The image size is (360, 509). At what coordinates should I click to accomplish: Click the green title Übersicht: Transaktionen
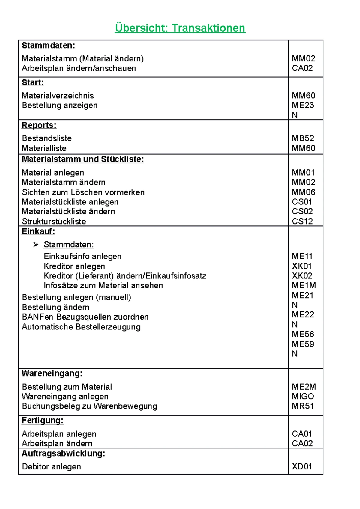click(x=180, y=28)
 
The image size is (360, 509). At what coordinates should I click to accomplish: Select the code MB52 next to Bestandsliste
click(x=303, y=138)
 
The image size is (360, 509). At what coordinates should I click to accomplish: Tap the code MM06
click(x=303, y=192)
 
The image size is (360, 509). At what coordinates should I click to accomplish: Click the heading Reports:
click(x=39, y=125)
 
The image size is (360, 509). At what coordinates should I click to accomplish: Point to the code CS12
click(x=302, y=221)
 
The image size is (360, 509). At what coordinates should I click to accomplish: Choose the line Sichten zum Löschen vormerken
click(x=83, y=192)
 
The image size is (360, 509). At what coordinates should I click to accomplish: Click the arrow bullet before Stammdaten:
click(x=36, y=245)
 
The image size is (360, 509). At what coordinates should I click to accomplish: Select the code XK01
click(x=301, y=266)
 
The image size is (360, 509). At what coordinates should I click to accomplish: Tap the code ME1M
click(x=304, y=285)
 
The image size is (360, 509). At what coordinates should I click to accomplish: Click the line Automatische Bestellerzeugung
click(x=81, y=327)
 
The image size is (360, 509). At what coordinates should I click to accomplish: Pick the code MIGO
click(x=303, y=396)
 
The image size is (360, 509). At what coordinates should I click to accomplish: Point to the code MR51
click(x=303, y=406)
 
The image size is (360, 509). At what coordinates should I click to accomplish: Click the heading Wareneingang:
click(x=52, y=374)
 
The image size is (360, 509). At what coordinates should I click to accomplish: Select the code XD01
click(x=302, y=466)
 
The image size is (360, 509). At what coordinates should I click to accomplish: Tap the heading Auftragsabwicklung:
click(x=64, y=454)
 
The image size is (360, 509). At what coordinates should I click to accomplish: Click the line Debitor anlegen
click(x=51, y=467)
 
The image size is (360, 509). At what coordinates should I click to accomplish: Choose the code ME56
click(x=303, y=334)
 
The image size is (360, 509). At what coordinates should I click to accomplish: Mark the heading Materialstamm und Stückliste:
click(x=83, y=159)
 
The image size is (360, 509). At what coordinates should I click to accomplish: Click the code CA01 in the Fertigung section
click(x=302, y=434)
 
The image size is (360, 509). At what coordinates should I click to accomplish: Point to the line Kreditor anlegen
click(x=74, y=266)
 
